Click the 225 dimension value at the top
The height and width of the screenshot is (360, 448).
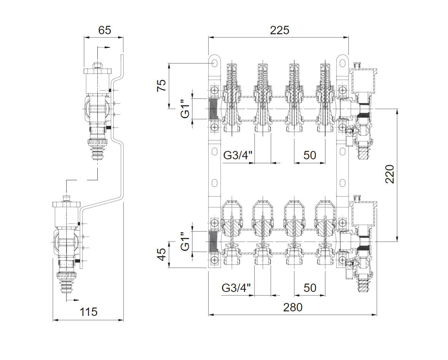tap(280, 30)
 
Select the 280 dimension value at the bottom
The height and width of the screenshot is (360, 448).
tap(292, 307)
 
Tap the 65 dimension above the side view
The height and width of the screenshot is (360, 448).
tap(104, 30)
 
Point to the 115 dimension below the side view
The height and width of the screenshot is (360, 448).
tap(88, 312)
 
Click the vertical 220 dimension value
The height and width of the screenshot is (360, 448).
tap(390, 174)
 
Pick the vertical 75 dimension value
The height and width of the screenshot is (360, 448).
tap(162, 85)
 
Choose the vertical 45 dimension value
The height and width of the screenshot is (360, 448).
tap(162, 254)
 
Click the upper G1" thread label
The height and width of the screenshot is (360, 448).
tap(186, 108)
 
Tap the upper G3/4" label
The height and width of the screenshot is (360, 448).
tap(238, 155)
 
